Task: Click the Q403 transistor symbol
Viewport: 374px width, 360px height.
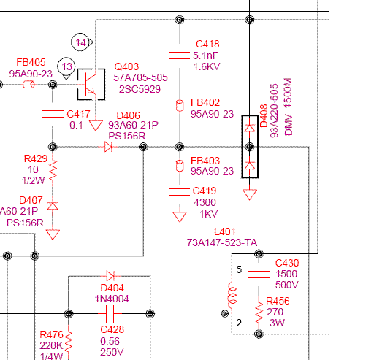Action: [x=91, y=85]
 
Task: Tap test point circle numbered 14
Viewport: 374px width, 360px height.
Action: [x=80, y=42]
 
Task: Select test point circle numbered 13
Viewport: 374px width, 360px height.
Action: [x=66, y=66]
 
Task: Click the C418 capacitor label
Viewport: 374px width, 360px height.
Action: [x=207, y=44]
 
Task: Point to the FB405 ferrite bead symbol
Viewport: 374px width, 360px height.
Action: [x=28, y=85]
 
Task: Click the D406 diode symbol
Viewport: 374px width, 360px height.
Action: [x=108, y=147]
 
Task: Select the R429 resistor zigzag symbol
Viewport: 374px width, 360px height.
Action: [x=53, y=171]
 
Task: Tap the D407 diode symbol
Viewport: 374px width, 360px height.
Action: [x=53, y=206]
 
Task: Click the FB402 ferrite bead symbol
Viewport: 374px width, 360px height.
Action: [x=180, y=106]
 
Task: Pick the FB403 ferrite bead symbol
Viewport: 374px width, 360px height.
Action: [x=180, y=166]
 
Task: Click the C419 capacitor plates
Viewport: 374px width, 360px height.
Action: [x=180, y=192]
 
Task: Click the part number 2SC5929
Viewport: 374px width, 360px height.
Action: [x=140, y=89]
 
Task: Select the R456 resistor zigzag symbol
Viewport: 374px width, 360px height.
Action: [x=259, y=313]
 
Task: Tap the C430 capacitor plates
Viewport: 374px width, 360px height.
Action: [x=259, y=275]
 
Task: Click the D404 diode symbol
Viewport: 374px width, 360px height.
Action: [x=110, y=276]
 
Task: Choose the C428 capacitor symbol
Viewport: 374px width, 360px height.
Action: [x=110, y=313]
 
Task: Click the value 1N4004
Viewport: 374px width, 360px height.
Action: [x=112, y=299]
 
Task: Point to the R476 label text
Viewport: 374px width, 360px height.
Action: [x=51, y=334]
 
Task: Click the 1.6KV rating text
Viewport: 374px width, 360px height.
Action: [x=207, y=66]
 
